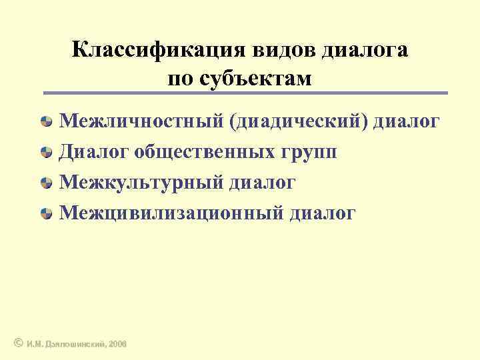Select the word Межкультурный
[x=140, y=183]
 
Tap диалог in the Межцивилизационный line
[x=323, y=213]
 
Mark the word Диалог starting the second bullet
[x=93, y=152]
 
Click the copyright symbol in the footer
[x=18, y=343]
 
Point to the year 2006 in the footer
[x=117, y=343]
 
